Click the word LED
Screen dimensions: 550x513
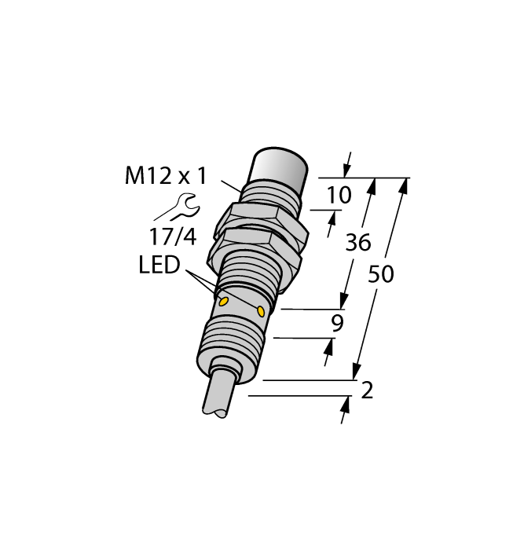point(159,266)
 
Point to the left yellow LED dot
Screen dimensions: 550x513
point(223,301)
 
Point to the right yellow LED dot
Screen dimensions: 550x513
point(261,312)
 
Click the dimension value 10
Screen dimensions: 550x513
point(339,196)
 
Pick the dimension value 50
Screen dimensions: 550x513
point(381,275)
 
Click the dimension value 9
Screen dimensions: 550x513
point(338,323)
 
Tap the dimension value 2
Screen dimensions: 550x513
point(366,390)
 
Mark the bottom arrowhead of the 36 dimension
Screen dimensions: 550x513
point(343,302)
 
